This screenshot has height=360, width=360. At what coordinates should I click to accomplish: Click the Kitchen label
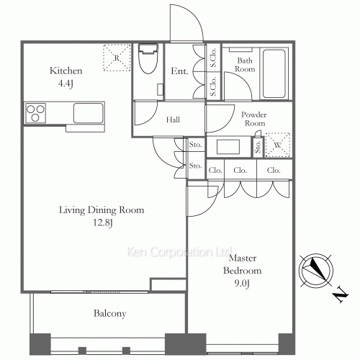(x=66, y=71)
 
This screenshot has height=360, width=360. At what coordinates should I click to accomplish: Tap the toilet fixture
(x=148, y=58)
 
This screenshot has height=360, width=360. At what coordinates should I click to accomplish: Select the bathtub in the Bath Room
(x=274, y=73)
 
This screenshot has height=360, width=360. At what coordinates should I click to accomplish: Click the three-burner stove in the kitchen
(x=35, y=113)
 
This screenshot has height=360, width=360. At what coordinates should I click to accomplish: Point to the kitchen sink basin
(x=88, y=113)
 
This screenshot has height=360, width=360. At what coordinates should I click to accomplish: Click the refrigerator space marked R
(x=117, y=58)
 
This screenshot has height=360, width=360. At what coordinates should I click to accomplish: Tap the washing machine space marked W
(x=278, y=145)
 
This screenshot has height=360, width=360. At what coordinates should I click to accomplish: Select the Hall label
(x=173, y=120)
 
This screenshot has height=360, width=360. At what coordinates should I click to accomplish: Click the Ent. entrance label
(x=179, y=71)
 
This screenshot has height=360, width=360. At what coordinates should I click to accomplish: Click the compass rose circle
(x=316, y=271)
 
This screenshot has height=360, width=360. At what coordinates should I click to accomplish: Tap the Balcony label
(x=109, y=313)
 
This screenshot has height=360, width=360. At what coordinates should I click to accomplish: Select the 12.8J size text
(x=103, y=223)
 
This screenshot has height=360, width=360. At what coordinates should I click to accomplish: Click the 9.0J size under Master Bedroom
(x=242, y=284)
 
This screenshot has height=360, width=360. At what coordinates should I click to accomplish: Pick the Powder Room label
(x=254, y=119)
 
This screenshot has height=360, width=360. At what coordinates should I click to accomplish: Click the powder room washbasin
(x=228, y=147)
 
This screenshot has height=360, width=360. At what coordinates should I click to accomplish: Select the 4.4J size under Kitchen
(x=66, y=84)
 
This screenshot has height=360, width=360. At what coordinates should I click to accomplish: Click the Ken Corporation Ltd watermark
(x=179, y=252)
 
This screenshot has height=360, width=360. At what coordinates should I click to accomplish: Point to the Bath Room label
(x=245, y=65)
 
